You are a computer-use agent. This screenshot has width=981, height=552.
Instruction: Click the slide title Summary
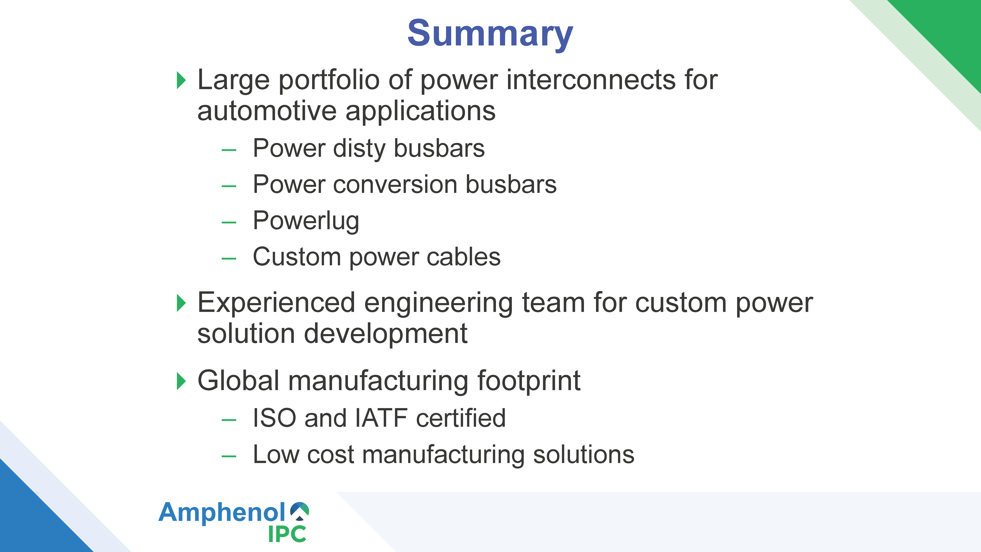tap(490, 34)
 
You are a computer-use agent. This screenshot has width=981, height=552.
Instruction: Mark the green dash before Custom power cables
tap(229, 259)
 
